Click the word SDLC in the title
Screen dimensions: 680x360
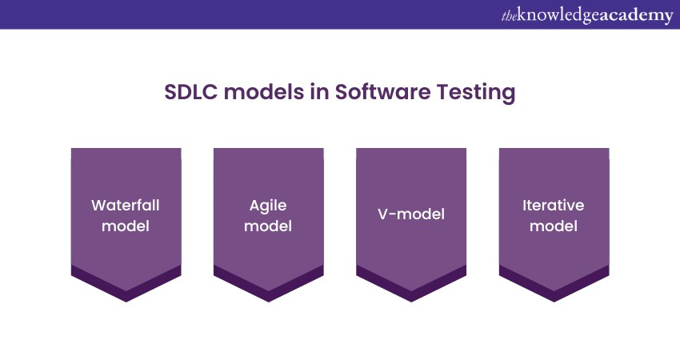(x=191, y=92)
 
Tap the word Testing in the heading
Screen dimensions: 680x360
(x=476, y=93)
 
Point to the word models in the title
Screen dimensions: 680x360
(x=264, y=92)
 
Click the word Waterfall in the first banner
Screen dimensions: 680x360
(x=126, y=205)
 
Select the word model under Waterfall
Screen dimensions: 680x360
(x=126, y=226)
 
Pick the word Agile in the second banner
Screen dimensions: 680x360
(x=268, y=206)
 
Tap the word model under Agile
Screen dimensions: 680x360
(x=268, y=226)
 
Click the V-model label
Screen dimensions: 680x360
(x=411, y=214)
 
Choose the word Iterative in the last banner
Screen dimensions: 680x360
(x=554, y=205)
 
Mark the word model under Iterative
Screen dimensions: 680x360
(x=554, y=226)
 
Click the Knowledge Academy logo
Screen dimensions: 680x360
(x=587, y=15)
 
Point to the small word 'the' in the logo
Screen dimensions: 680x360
(x=509, y=17)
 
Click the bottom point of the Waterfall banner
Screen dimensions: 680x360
(x=126, y=302)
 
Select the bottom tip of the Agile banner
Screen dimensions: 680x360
(x=269, y=302)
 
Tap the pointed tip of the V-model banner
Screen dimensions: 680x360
(x=411, y=302)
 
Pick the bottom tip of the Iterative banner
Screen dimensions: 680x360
(x=554, y=302)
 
